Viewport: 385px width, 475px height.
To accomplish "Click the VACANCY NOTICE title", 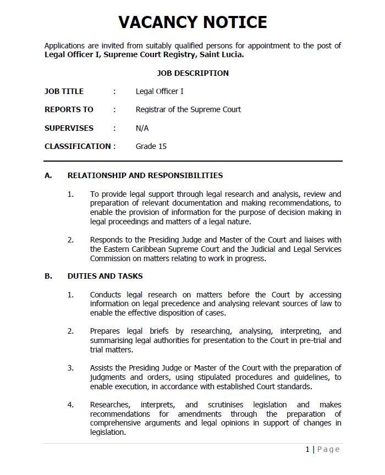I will point(193,23).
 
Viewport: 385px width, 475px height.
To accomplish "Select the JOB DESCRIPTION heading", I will point(193,73).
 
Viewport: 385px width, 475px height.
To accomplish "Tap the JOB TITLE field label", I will point(64,91).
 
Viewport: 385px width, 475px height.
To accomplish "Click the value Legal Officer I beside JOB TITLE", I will point(159,91).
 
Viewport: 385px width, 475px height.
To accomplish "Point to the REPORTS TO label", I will point(69,109).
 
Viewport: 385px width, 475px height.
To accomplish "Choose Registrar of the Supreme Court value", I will point(188,109).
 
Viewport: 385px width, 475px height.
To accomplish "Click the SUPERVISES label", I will point(69,128).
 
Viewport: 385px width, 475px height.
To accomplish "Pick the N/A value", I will point(142,128).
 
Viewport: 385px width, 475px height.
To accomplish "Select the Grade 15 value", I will point(151,146).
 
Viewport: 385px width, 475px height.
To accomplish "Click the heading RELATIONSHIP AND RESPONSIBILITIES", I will point(145,175).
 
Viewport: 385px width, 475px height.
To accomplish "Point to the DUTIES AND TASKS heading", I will point(105,276).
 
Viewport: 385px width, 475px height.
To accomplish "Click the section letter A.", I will point(48,175).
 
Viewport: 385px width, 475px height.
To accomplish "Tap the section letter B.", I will point(48,276).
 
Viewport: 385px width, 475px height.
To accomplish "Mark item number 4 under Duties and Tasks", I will point(70,405).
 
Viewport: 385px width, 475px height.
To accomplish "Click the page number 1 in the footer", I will point(308,449).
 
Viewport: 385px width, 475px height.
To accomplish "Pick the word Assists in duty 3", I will point(102,368).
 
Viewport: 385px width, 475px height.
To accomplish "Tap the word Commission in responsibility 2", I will point(112,258).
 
